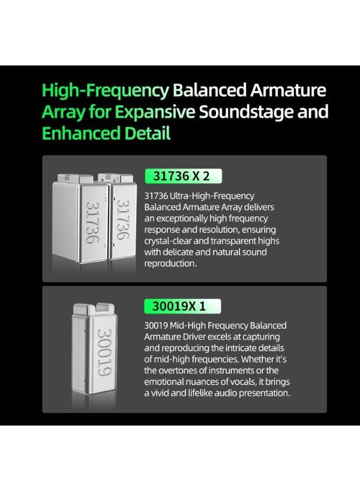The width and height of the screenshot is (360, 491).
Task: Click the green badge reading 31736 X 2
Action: tap(183, 176)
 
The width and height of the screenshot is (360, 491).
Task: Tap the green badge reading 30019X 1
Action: tap(182, 306)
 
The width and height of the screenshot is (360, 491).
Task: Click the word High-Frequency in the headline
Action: tap(106, 91)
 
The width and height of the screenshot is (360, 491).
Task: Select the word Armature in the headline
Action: tap(288, 90)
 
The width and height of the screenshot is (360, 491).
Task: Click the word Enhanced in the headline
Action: tap(81, 133)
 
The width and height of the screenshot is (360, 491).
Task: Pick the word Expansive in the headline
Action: tap(155, 112)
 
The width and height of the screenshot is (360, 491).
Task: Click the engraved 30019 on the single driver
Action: tap(104, 352)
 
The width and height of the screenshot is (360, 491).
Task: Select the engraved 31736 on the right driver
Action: tap(123, 220)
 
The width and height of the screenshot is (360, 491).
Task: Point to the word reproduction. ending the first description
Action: tap(170, 264)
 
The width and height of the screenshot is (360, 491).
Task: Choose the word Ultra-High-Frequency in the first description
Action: tap(212, 196)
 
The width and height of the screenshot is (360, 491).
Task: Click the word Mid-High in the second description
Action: tap(188, 326)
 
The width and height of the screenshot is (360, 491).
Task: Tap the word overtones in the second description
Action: tap(178, 370)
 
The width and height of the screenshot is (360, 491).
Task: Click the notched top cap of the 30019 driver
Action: tap(94, 309)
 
